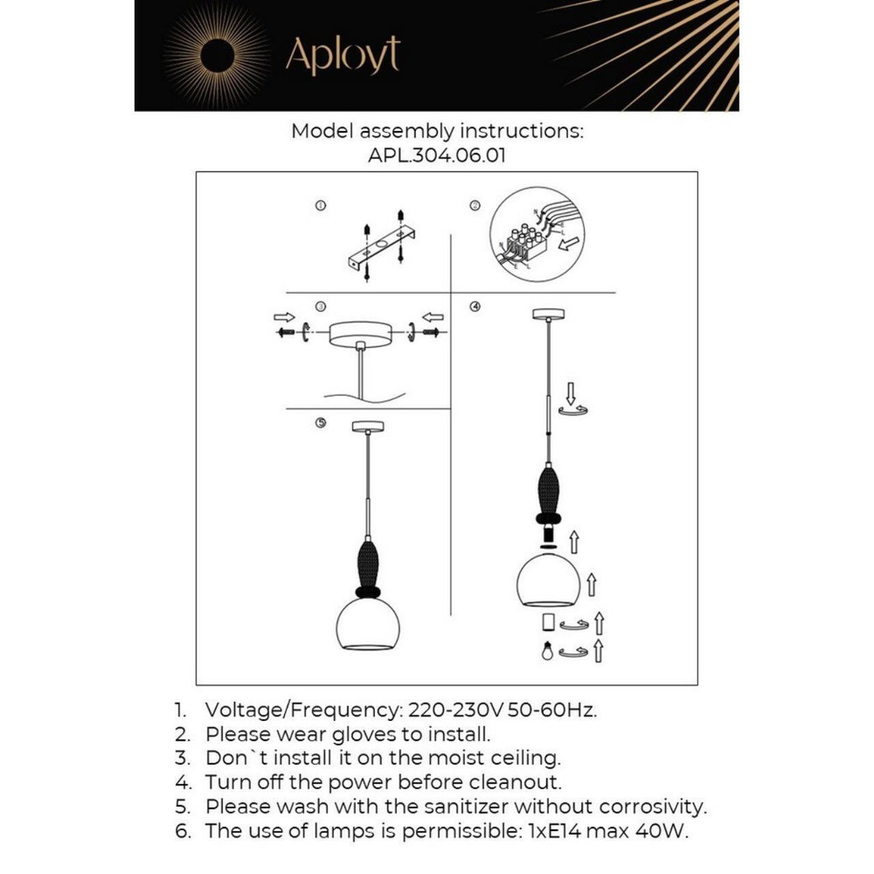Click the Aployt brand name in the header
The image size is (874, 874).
pos(343,55)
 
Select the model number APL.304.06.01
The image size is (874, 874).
pos(437,156)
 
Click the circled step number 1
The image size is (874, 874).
pos(321,206)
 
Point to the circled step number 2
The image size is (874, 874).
pos(475,206)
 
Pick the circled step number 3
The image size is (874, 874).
pos(321,307)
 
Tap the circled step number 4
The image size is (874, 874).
pos(475,307)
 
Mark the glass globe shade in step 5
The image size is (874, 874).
pos(368,622)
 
